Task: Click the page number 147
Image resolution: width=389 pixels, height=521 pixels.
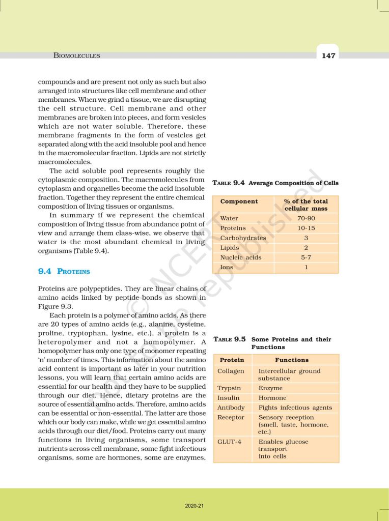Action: [328, 55]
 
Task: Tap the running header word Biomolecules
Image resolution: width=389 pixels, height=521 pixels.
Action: [77, 55]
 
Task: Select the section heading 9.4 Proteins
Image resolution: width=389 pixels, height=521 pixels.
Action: [64, 272]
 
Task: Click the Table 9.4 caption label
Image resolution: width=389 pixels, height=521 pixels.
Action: [229, 183]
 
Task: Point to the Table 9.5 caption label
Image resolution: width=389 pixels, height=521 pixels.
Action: [230, 339]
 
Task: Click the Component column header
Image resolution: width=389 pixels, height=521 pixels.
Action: [239, 201]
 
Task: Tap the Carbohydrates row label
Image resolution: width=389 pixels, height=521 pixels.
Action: [243, 238]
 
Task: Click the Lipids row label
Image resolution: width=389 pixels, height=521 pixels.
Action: [230, 247]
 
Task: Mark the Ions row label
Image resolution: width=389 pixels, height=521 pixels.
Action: [227, 267]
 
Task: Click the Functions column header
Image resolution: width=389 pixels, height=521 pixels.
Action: [292, 360]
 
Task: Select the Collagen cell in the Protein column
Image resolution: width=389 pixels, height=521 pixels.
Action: [231, 371]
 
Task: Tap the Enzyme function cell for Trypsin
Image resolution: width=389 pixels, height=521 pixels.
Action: [270, 388]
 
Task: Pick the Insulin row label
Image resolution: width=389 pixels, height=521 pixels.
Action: [229, 398]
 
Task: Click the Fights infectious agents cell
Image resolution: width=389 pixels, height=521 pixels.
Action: [295, 408]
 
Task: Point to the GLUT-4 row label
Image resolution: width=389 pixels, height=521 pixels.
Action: [230, 442]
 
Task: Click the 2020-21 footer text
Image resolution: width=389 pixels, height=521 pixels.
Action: [194, 506]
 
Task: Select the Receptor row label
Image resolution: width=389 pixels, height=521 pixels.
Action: [231, 417]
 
